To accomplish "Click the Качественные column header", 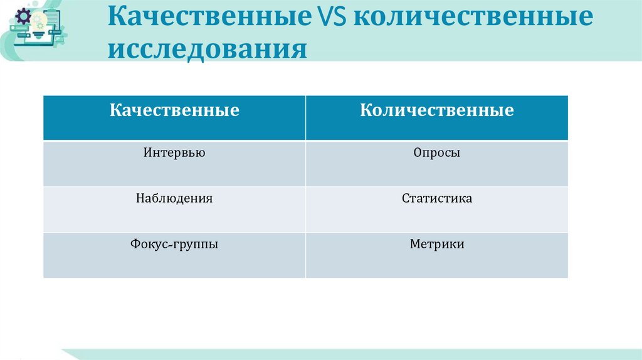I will pyautogui.click(x=174, y=111).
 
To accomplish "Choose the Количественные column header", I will pyautogui.click(x=437, y=111).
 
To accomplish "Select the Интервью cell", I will pyautogui.click(x=174, y=152).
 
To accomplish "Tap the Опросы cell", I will pyautogui.click(x=437, y=152).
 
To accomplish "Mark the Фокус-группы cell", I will pyautogui.click(x=174, y=244).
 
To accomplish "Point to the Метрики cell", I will pyautogui.click(x=437, y=244).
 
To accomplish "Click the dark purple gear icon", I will pyautogui.click(x=23, y=17).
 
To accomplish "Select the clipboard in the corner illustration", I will pyautogui.click(x=53, y=22).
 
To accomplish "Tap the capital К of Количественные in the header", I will pyautogui.click(x=366, y=111).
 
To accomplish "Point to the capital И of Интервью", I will pyautogui.click(x=147, y=152).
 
